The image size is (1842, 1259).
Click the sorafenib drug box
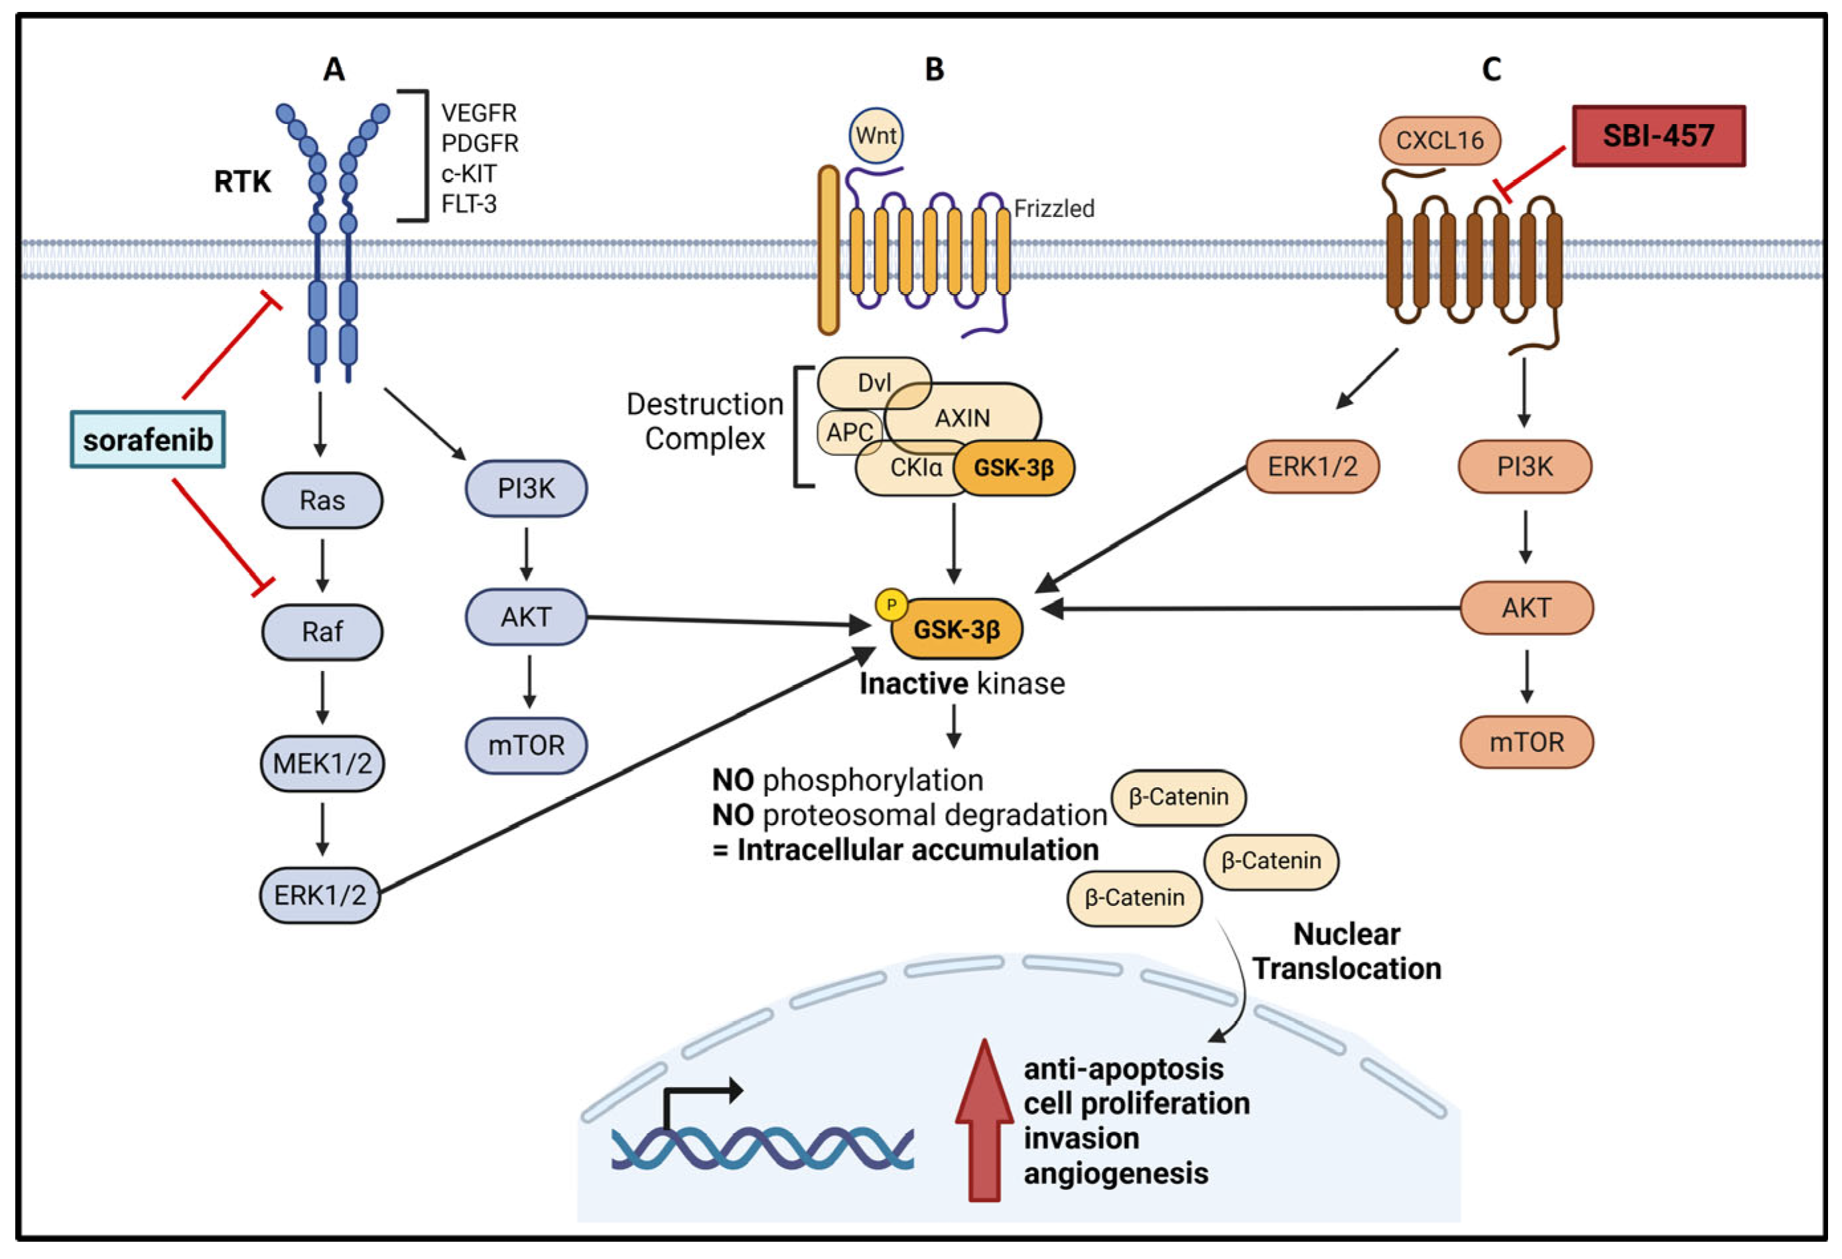147,439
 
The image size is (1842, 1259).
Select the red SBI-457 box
1658,135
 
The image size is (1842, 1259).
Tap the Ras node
322,500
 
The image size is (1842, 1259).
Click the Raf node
322,632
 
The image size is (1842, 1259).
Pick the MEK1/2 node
322,763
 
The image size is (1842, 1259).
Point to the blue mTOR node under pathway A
526,745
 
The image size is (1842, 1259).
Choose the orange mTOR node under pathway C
1526,742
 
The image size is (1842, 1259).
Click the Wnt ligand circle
876,135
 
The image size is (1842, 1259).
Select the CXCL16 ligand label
1439,140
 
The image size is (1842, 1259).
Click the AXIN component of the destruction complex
962,418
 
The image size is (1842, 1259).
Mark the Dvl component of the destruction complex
874,383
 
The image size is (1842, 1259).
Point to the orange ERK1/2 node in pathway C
1313,466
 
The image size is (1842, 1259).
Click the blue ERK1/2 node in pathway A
320,895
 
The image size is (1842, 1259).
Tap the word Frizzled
1054,208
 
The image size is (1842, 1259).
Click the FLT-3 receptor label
468,204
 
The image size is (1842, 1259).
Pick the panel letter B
935,70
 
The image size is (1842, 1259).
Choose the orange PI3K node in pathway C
1525,466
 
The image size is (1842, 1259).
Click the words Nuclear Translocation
1347,952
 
